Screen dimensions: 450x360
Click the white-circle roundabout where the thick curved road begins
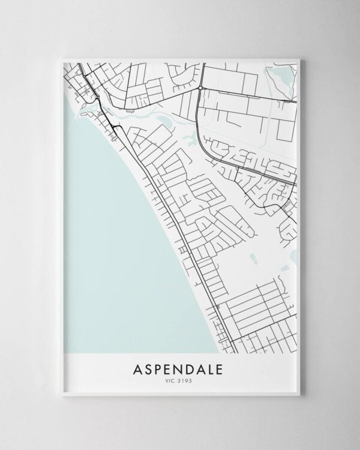coord(199,89)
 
